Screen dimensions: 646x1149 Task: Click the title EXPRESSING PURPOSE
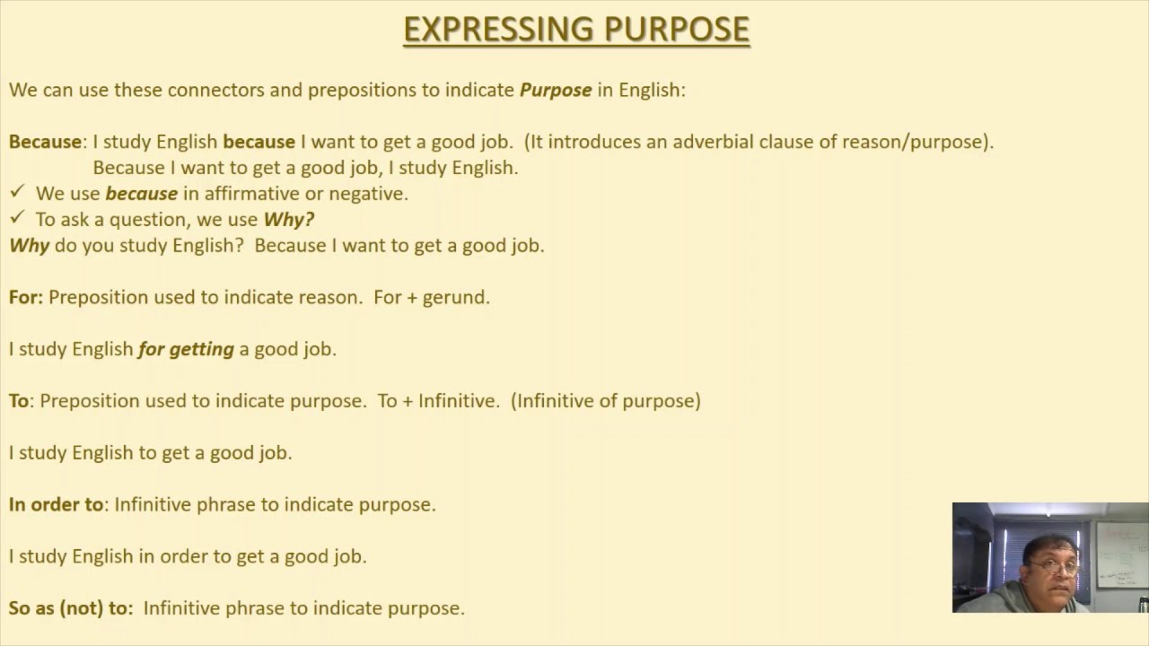(x=575, y=30)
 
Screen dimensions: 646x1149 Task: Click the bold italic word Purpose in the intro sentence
(x=556, y=90)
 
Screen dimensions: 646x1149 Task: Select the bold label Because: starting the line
(x=46, y=142)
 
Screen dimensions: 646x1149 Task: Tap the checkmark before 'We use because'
(x=17, y=192)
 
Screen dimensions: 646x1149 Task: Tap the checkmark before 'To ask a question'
(x=17, y=218)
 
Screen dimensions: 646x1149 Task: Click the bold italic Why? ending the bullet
(x=288, y=219)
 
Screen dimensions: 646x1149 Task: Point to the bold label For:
(x=26, y=297)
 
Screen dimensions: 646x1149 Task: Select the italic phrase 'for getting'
(x=186, y=349)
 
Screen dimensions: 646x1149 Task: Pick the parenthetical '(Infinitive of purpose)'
(x=605, y=401)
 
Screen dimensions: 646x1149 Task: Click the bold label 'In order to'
(x=56, y=504)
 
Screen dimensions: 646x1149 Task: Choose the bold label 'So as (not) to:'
(x=71, y=608)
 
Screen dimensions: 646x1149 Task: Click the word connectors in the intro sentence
(x=210, y=90)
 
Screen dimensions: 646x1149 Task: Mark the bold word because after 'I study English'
(x=259, y=142)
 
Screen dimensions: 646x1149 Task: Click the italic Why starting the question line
(x=29, y=245)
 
